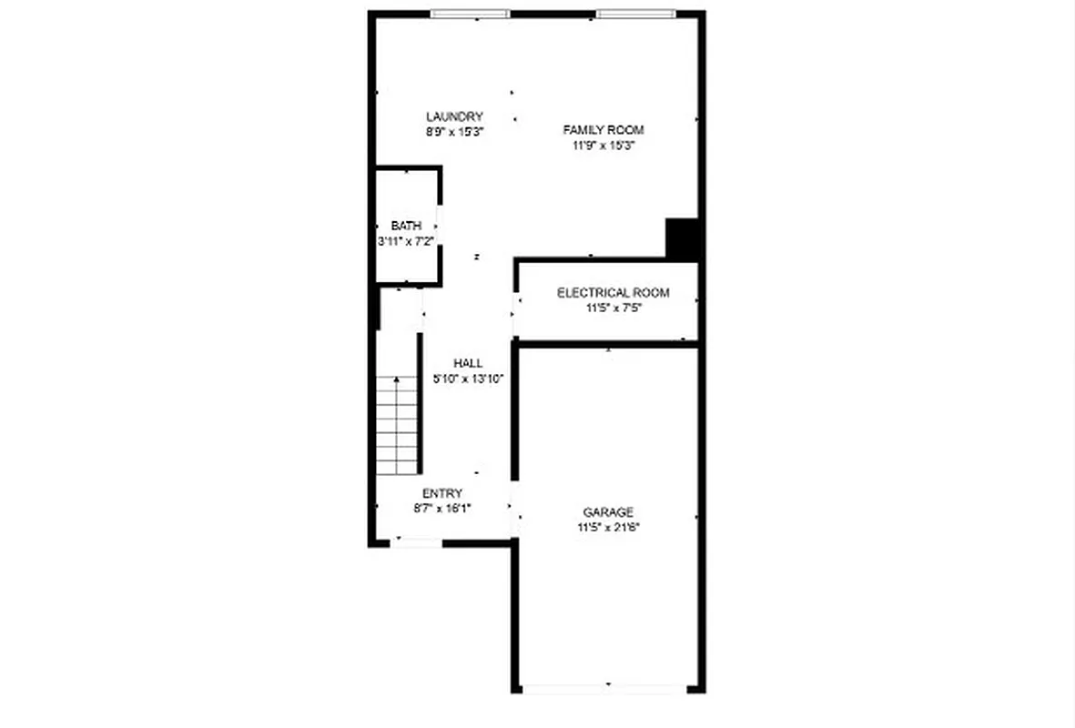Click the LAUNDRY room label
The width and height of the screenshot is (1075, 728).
454,116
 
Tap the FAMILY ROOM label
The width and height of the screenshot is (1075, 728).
603,130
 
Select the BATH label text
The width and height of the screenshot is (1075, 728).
406,226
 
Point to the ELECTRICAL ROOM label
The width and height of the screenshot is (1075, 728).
613,293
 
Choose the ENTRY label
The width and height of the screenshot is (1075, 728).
441,493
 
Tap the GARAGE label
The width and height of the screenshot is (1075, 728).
608,512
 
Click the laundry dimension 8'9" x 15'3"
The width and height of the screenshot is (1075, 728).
454,131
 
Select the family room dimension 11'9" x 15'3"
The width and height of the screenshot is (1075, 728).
603,145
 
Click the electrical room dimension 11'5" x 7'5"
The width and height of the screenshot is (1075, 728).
614,308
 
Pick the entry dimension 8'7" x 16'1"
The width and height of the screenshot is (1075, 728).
441,509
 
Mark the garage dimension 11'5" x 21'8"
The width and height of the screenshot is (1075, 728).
608,527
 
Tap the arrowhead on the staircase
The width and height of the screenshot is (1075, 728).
397,379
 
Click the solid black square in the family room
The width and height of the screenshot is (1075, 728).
682,238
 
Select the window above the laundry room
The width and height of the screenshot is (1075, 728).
471,14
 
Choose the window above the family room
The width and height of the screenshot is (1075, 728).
636,14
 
